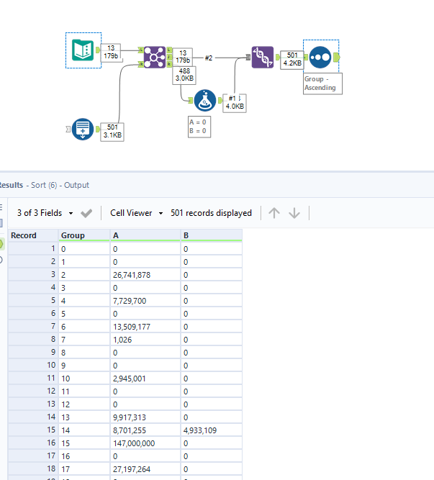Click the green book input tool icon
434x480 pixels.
click(x=83, y=50)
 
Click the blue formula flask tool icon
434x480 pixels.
click(x=206, y=101)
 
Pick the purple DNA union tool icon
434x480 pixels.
click(x=262, y=57)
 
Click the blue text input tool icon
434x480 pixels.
click(x=83, y=130)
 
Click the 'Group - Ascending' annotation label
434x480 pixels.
click(x=320, y=83)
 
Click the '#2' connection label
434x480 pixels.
click(x=209, y=57)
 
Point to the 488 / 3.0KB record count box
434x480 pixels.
click(x=184, y=75)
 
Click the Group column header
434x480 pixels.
click(x=73, y=235)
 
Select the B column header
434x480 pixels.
click(x=187, y=235)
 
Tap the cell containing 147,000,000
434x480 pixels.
click(x=133, y=443)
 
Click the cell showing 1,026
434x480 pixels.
click(x=123, y=339)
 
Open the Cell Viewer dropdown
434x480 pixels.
click(x=136, y=213)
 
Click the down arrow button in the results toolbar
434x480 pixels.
click(x=294, y=213)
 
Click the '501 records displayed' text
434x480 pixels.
click(x=211, y=213)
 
